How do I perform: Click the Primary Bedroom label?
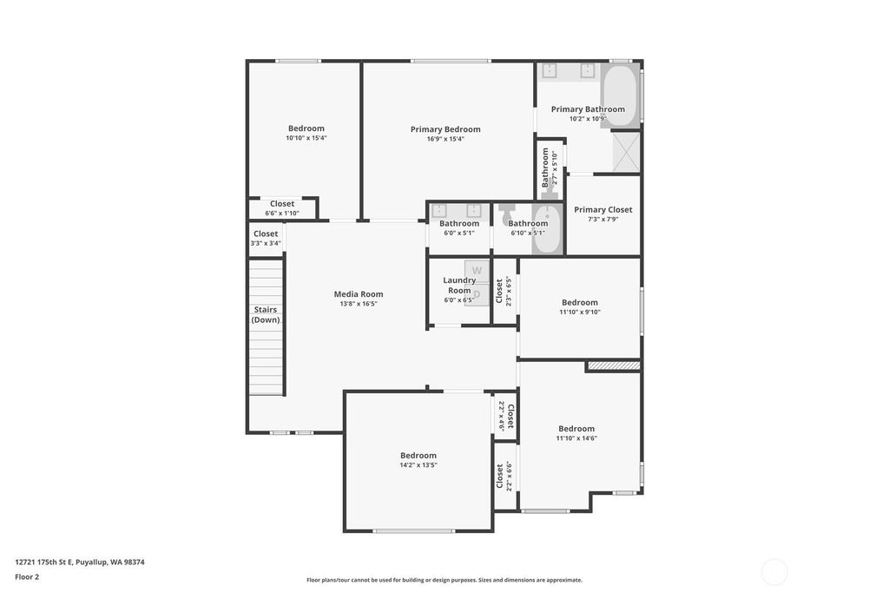pyautogui.click(x=445, y=129)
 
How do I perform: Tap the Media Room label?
pyautogui.click(x=359, y=293)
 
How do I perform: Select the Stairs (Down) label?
pyautogui.click(x=266, y=315)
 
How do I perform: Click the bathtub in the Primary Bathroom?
pyautogui.click(x=620, y=95)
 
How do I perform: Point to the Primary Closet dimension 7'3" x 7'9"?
pyautogui.click(x=603, y=219)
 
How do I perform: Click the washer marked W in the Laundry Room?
pyautogui.click(x=477, y=271)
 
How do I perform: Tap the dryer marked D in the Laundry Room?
pyautogui.click(x=477, y=294)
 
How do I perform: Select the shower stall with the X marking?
pyautogui.click(x=626, y=152)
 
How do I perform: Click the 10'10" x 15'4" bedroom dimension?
pyautogui.click(x=306, y=138)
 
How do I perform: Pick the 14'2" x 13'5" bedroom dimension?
pyautogui.click(x=418, y=465)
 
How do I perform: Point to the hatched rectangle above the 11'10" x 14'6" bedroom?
pyautogui.click(x=614, y=365)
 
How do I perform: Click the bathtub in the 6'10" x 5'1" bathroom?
pyautogui.click(x=547, y=230)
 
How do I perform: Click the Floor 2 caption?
pyautogui.click(x=27, y=577)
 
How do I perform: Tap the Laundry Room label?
pyautogui.click(x=459, y=286)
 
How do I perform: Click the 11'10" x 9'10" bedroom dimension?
pyautogui.click(x=579, y=312)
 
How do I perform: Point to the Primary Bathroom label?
pyautogui.click(x=588, y=109)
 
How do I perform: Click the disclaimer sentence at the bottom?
pyautogui.click(x=444, y=580)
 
